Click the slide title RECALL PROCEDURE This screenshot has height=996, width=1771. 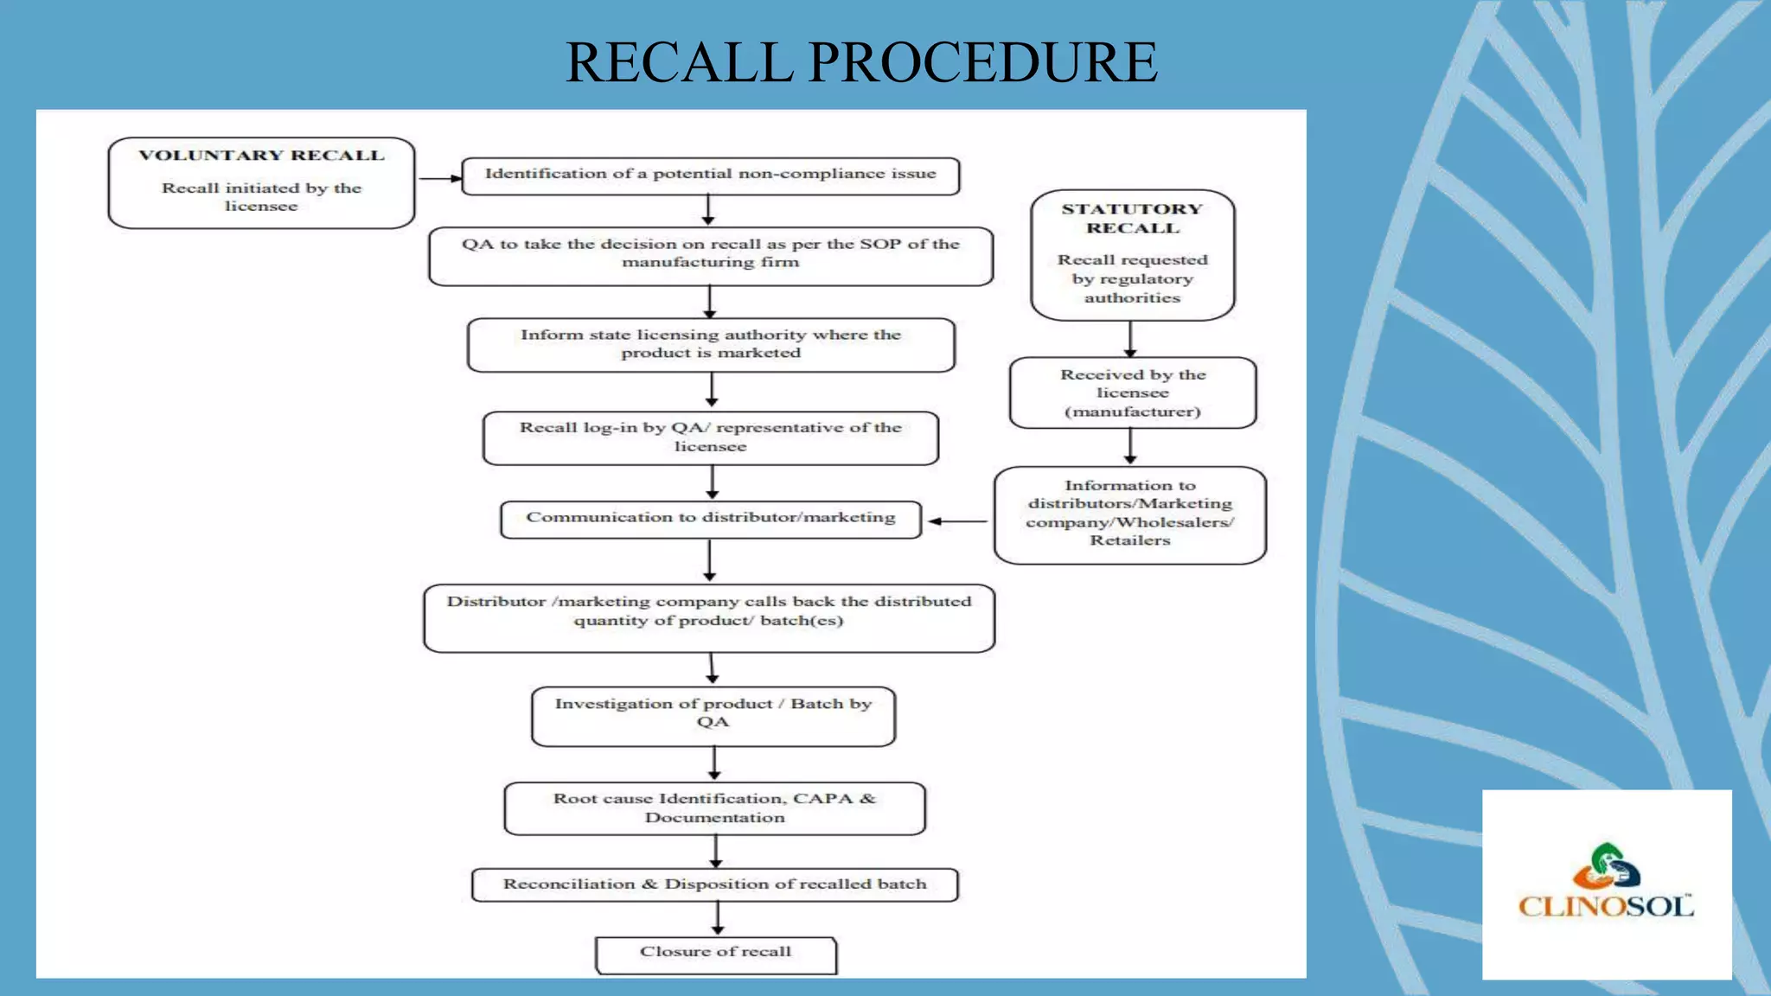[861, 62]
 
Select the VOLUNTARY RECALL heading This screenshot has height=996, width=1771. [261, 156]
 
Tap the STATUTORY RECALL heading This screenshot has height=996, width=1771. [1132, 219]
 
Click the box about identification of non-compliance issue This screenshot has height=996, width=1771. [710, 175]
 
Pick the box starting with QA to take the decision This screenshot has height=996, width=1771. [710, 254]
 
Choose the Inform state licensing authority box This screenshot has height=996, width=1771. [710, 344]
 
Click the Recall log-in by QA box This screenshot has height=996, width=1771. [710, 437]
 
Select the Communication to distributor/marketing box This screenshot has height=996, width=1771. [710, 519]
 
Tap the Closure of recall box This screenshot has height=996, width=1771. [715, 954]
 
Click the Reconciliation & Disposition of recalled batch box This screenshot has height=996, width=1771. [714, 884]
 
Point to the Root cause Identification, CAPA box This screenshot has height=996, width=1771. [714, 808]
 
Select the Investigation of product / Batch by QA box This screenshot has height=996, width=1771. [713, 714]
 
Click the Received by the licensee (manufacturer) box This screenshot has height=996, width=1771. [1132, 393]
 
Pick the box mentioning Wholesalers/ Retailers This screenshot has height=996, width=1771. [1129, 514]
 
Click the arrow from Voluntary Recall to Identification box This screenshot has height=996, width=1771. [439, 179]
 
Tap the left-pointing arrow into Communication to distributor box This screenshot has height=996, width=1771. [957, 521]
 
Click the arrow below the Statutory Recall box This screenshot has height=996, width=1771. [1130, 339]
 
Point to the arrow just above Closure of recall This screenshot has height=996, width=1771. [718, 918]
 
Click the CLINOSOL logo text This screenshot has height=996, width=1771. [1605, 907]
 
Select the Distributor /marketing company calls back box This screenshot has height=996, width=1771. [709, 617]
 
